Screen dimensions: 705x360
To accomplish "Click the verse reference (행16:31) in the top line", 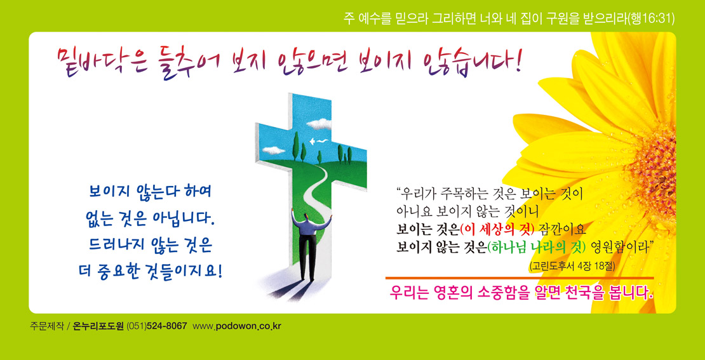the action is tap(650, 18).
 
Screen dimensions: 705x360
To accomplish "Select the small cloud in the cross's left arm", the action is tap(273, 150).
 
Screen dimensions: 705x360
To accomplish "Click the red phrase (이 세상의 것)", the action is tap(497, 229).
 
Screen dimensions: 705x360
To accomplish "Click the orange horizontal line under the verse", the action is tap(520, 277).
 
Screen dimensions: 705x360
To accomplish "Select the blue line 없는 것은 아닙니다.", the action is tap(149, 220).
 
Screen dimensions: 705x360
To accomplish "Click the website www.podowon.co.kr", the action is tap(237, 326).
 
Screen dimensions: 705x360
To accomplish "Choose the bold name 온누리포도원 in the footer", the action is tap(98, 326).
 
